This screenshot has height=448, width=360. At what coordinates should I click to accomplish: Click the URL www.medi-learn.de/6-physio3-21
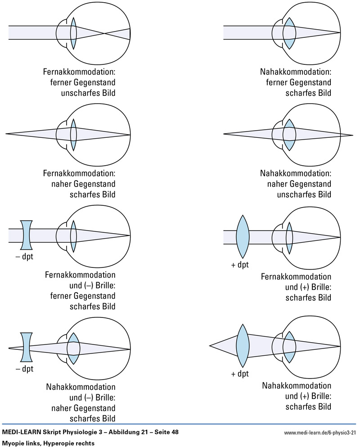320,433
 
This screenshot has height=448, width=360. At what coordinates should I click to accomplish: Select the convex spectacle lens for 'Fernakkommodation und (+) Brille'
243,237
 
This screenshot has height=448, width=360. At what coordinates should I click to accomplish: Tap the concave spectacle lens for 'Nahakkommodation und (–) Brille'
26,347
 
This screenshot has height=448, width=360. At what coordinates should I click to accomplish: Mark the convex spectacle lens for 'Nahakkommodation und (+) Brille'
243,346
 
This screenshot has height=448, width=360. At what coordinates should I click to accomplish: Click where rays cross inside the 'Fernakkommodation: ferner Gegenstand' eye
105,33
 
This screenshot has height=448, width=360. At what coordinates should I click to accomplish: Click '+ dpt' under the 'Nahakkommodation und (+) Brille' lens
240,374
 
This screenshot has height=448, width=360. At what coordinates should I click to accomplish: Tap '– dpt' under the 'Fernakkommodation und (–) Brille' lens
24,257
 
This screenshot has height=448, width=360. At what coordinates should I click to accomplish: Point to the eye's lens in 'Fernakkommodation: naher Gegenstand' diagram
74,134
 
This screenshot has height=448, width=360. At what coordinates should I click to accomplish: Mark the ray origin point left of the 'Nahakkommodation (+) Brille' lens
210,346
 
